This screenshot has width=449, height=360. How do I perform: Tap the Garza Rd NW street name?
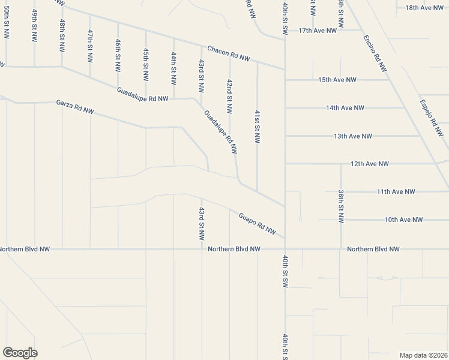pyautogui.click(x=75, y=107)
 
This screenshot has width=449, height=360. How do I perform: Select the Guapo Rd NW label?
pyautogui.click(x=257, y=223)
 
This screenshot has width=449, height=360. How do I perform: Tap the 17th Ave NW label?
pyautogui.click(x=318, y=31)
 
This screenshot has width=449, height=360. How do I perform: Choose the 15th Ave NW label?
pyautogui.click(x=337, y=80)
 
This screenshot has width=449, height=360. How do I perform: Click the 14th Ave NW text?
pyautogui.click(x=345, y=108)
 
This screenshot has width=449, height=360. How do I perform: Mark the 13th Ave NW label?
pyautogui.click(x=353, y=136)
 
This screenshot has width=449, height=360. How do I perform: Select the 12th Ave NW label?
pyautogui.click(x=370, y=164)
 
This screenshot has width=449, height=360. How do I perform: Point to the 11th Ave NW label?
pyautogui.click(x=396, y=192)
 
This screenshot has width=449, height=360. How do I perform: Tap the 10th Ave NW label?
pyautogui.click(x=403, y=220)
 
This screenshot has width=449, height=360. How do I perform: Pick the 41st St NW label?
pyautogui.click(x=257, y=127)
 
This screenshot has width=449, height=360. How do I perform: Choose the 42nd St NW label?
pyautogui.click(x=229, y=96)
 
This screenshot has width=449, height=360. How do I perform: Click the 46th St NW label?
pyautogui.click(x=118, y=55)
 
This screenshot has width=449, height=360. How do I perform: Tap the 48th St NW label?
pyautogui.click(x=62, y=34)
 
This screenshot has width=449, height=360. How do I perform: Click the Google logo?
pyautogui.click(x=20, y=353)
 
